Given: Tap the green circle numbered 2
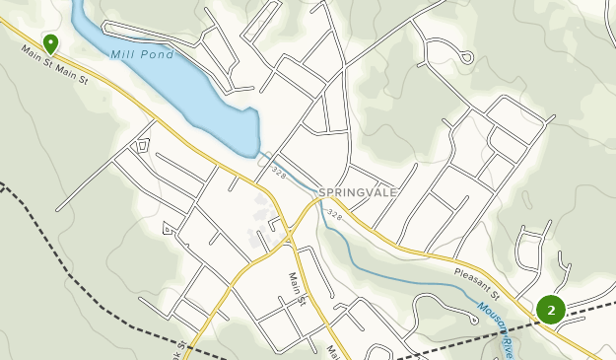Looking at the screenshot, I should tap(550, 310).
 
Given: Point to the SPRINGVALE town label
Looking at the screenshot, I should tap(358, 192).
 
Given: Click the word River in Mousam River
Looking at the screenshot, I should tap(508, 345).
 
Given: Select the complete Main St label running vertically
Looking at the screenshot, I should tap(297, 289).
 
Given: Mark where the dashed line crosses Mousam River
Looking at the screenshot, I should tap(499, 331).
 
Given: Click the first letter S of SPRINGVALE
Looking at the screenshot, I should tap(322, 192).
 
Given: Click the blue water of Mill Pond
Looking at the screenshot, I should tap(197, 94).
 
